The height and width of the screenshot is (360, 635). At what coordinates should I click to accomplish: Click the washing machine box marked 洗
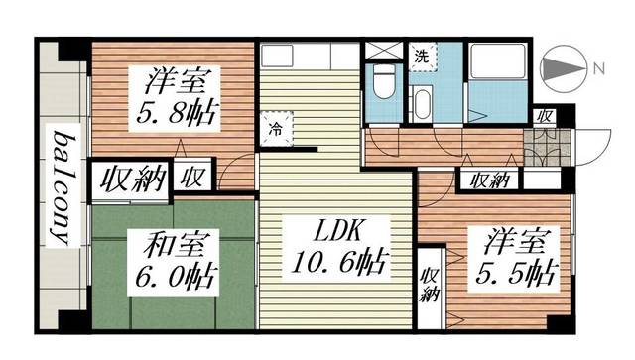coord(422,57)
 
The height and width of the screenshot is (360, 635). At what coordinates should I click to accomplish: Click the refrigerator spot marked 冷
coord(278,127)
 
